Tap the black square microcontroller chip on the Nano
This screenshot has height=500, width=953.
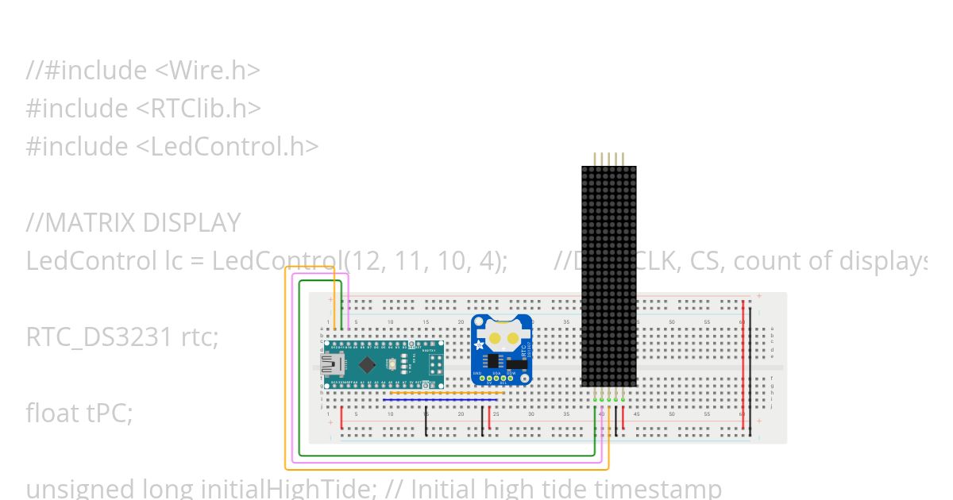[x=367, y=364]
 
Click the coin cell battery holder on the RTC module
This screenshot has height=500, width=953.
[x=502, y=337]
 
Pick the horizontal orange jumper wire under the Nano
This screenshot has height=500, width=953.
[x=445, y=392]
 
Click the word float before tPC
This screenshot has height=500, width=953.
[x=52, y=413]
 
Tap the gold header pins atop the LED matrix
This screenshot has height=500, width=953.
[x=609, y=159]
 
